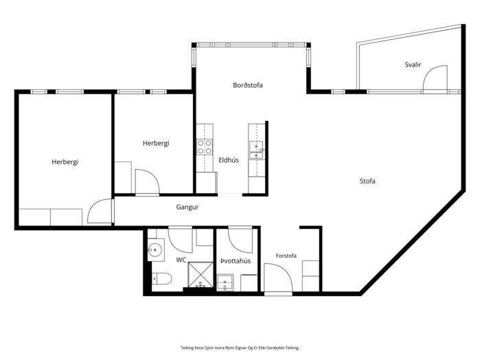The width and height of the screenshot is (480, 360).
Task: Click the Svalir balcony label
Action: click(413, 65)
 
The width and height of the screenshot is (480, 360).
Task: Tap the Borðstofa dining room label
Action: click(248, 85)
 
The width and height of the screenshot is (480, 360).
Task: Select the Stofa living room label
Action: click(367, 181)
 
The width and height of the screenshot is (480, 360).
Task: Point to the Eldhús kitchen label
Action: click(229, 160)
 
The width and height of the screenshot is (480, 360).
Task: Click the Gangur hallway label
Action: click(187, 207)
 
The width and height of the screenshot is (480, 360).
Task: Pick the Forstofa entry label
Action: click(286, 256)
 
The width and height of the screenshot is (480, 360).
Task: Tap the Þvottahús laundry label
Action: click(236, 261)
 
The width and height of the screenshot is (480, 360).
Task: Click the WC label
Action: click(181, 260)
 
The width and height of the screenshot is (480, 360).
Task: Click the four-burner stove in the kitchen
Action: click(205, 147)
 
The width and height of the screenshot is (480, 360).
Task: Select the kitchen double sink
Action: click(256, 150)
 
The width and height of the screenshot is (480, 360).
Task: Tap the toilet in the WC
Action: click(162, 278)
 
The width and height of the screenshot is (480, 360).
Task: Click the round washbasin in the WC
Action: click(155, 250)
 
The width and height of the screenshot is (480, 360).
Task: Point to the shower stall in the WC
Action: click(201, 275)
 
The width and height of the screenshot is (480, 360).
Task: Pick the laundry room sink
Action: click(225, 282)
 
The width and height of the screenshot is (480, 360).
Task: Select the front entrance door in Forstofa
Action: click(278, 278)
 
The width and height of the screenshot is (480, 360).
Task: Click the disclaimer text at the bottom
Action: click(240, 348)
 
